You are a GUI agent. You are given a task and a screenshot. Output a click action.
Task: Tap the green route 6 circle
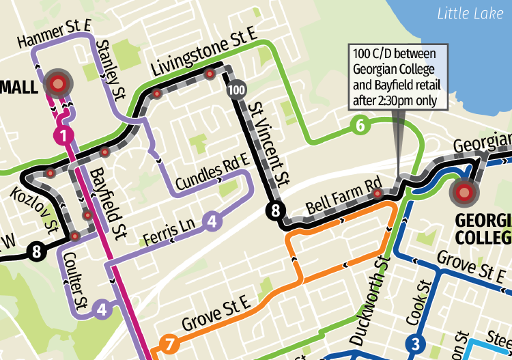pos(360,125)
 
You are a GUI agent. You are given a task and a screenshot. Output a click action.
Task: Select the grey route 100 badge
pos(236,89)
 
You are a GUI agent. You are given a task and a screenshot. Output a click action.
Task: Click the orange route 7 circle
pos(169,344)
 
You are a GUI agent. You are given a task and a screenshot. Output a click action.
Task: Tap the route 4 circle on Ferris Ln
pos(212,221)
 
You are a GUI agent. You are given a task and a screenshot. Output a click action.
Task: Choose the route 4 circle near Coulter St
pos(102,309)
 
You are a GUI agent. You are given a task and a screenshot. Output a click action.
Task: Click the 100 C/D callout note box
pos(397,77)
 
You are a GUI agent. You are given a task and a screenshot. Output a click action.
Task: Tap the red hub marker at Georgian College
pos(465,193)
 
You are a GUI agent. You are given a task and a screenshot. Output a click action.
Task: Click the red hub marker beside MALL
pos(58,84)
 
